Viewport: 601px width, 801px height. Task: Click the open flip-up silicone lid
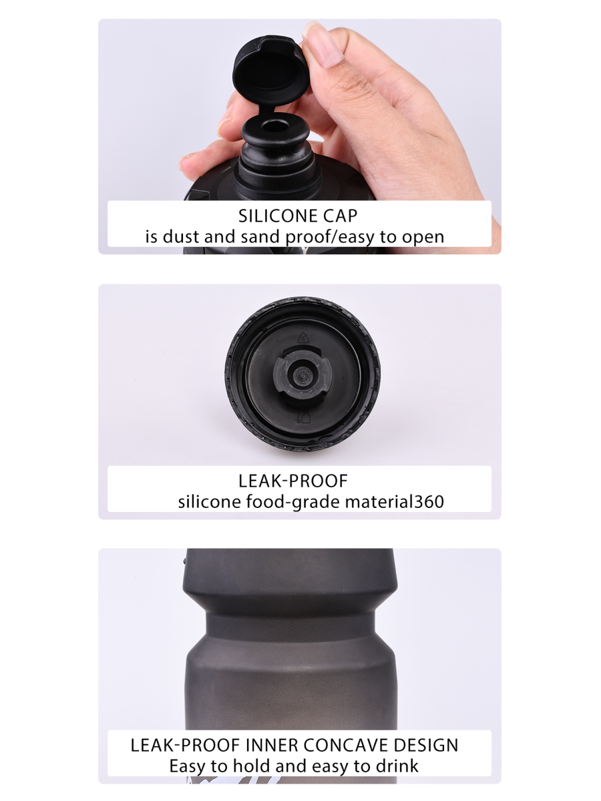pos(270,71)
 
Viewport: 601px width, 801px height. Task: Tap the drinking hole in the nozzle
pos(274,126)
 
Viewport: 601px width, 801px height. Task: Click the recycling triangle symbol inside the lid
pos(303,338)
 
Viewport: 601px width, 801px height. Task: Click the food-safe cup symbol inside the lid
pos(304,416)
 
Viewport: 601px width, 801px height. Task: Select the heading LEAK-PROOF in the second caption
pos(292,481)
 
